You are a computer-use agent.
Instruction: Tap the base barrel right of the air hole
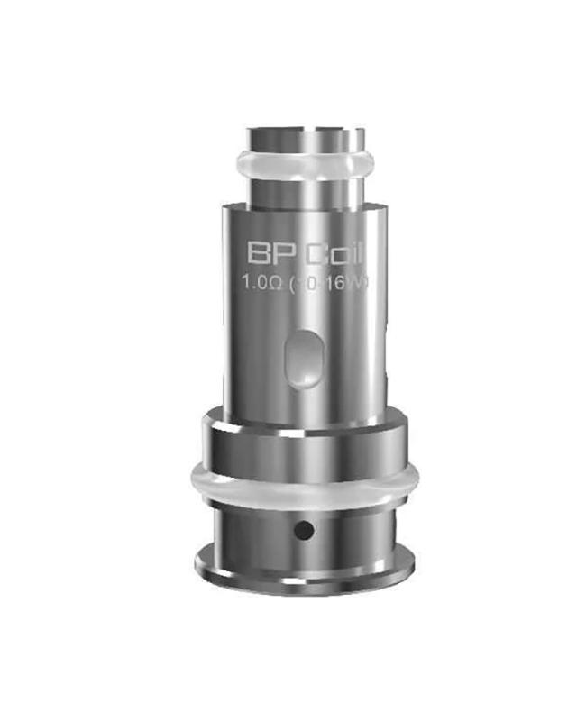pos(361,528)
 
